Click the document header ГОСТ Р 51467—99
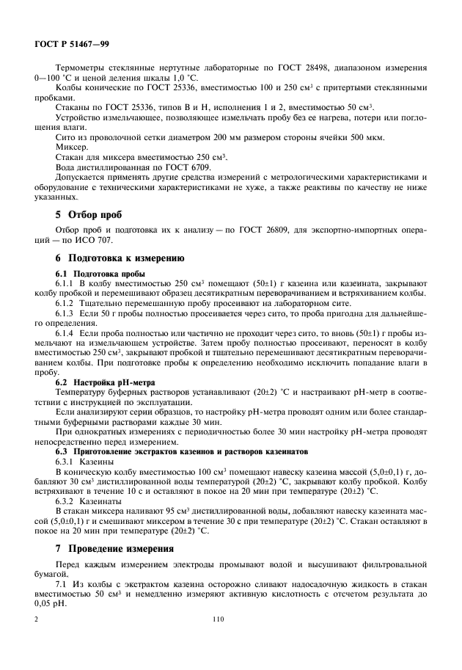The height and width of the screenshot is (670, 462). [x=72, y=45]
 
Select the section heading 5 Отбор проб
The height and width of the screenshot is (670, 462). [x=90, y=215]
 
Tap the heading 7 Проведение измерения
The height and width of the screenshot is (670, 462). [x=116, y=548]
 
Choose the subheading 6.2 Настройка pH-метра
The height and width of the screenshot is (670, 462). [x=99, y=383]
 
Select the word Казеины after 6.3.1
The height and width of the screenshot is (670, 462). [x=96, y=462]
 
